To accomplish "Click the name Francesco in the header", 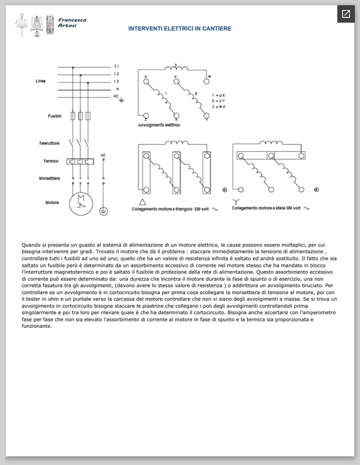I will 72,20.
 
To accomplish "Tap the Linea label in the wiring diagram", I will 41,81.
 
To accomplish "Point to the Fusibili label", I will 55,116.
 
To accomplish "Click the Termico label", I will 51,161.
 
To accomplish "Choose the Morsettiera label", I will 49,178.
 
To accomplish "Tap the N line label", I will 117,88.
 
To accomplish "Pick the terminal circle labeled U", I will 145,81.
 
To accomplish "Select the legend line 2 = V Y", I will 219,101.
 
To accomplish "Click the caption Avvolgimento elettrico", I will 159,125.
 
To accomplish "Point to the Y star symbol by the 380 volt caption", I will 236,201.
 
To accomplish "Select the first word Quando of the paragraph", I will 32,246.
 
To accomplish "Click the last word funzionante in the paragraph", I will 40,325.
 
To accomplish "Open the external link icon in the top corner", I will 346,14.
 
